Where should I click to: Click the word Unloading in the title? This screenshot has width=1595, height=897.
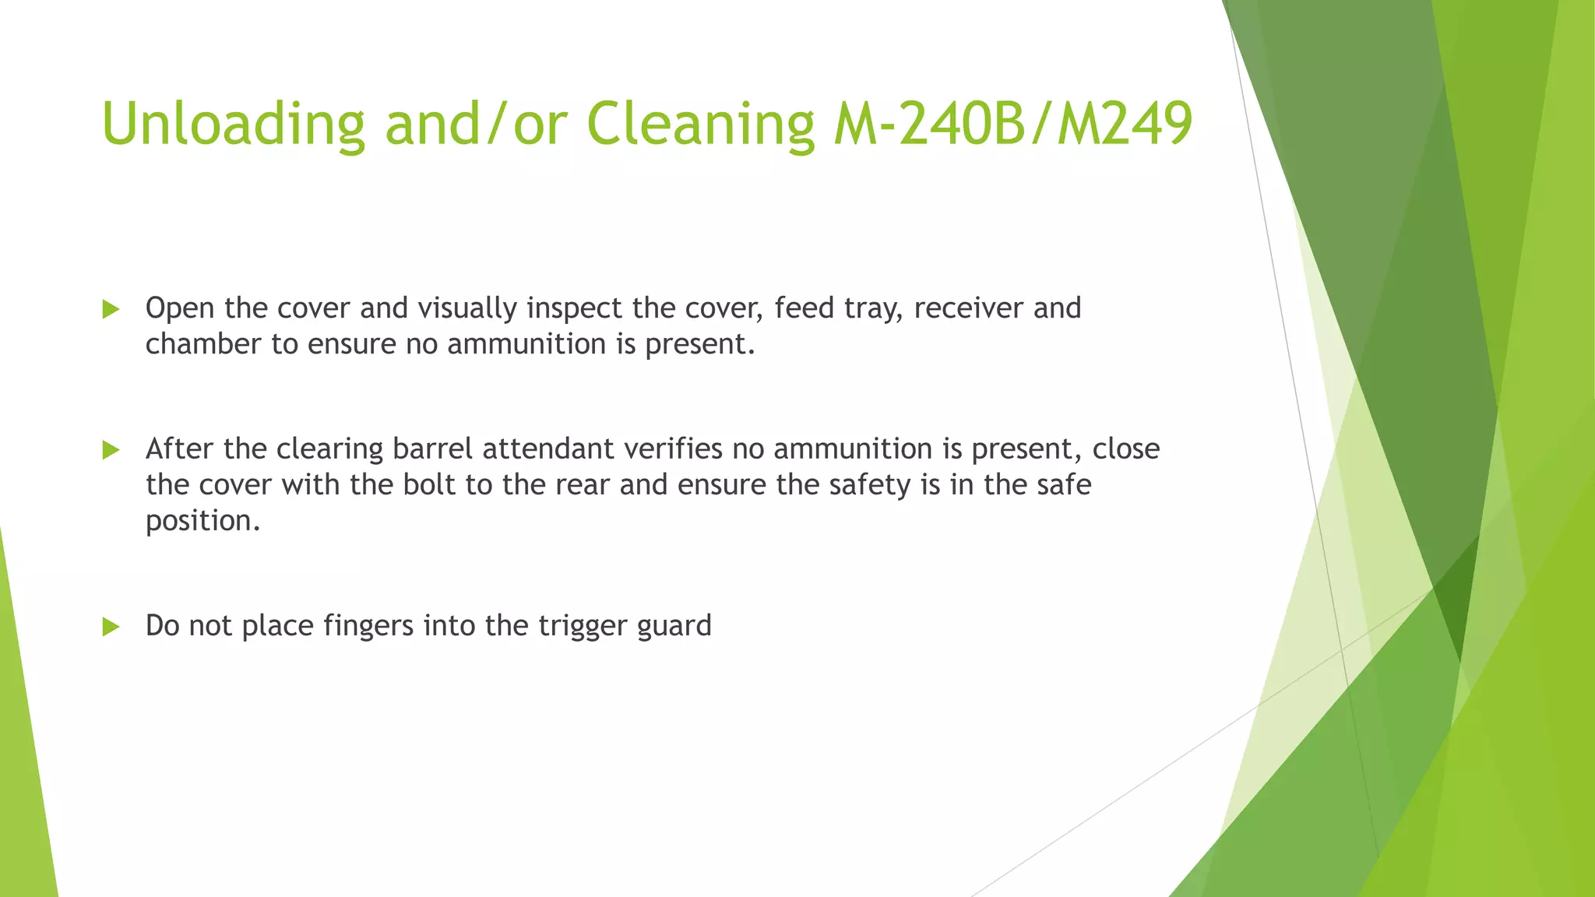pos(233,125)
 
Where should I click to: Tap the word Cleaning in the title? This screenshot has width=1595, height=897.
pos(700,125)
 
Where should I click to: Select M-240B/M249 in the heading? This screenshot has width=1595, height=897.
pos(1012,125)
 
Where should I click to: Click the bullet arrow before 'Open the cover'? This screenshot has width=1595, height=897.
pos(111,310)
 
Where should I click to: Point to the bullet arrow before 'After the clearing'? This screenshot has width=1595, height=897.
pos(111,450)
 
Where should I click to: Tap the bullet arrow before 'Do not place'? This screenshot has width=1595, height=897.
pos(111,627)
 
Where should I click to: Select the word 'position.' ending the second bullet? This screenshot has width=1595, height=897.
pos(202,522)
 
